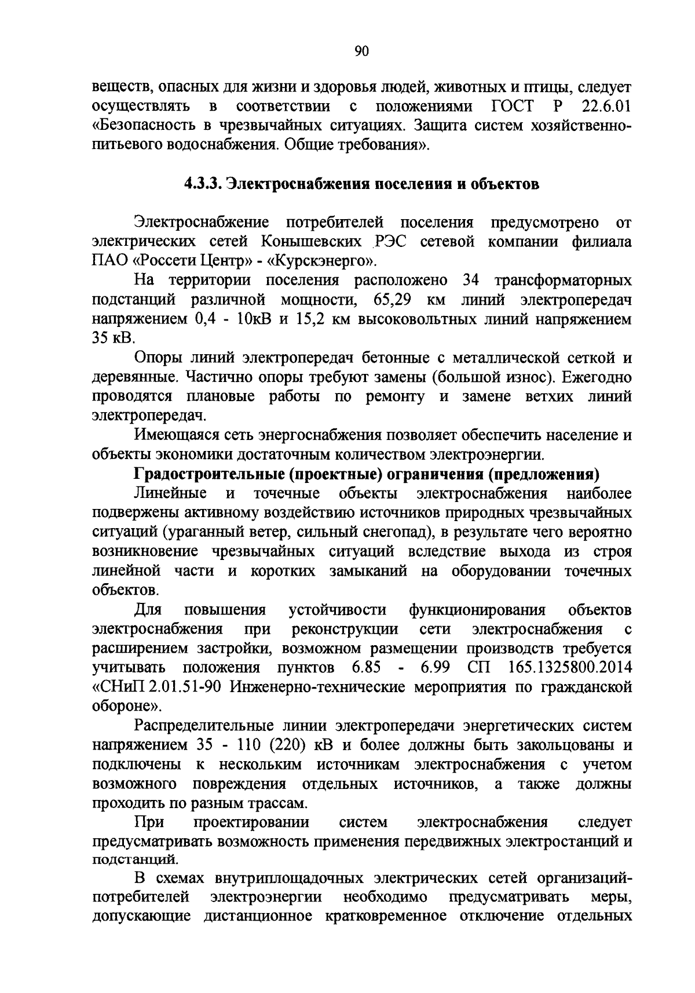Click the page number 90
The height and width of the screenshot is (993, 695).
[x=361, y=52]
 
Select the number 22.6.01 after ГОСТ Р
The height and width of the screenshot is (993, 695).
[x=604, y=107]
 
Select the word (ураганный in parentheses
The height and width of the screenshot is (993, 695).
[x=200, y=532]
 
